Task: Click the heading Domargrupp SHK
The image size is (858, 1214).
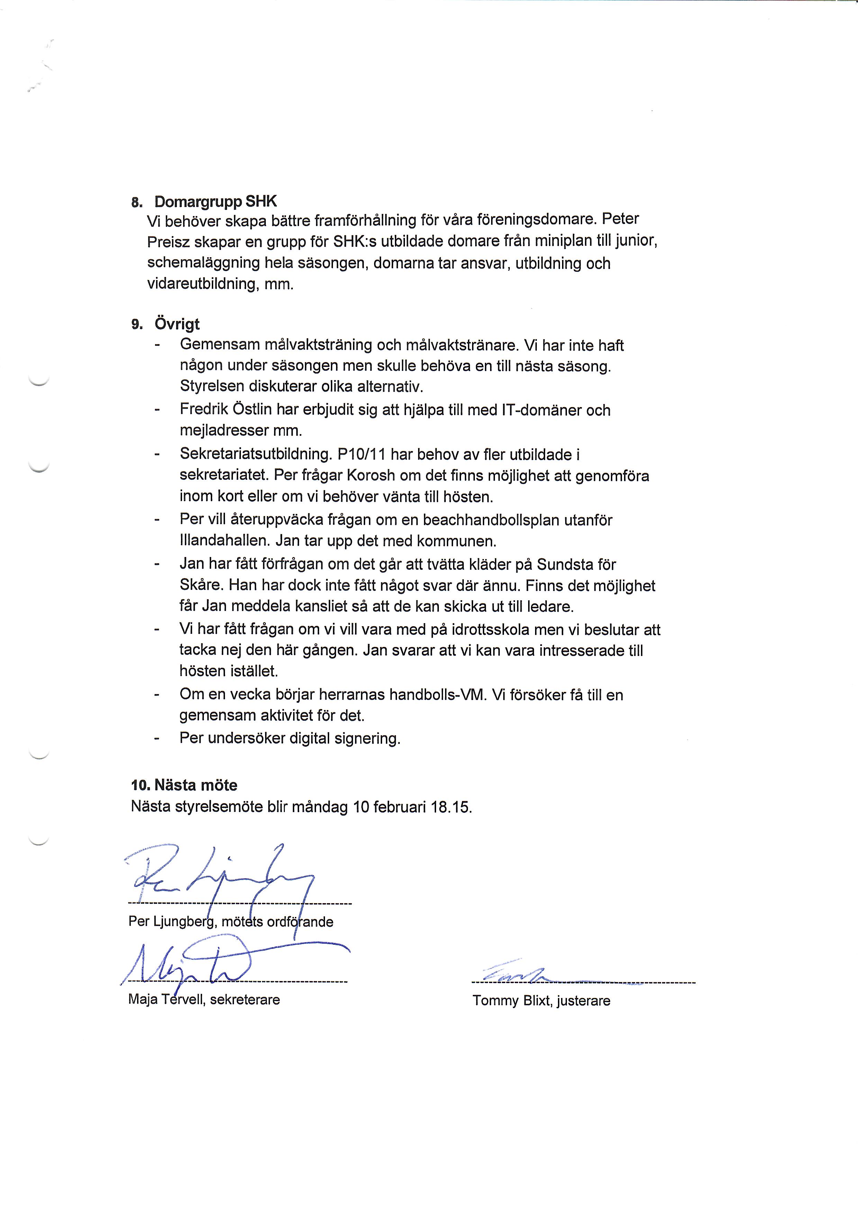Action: click(x=215, y=201)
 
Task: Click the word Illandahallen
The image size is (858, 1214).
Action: click(x=225, y=541)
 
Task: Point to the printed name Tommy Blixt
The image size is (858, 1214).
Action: click(x=512, y=1001)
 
